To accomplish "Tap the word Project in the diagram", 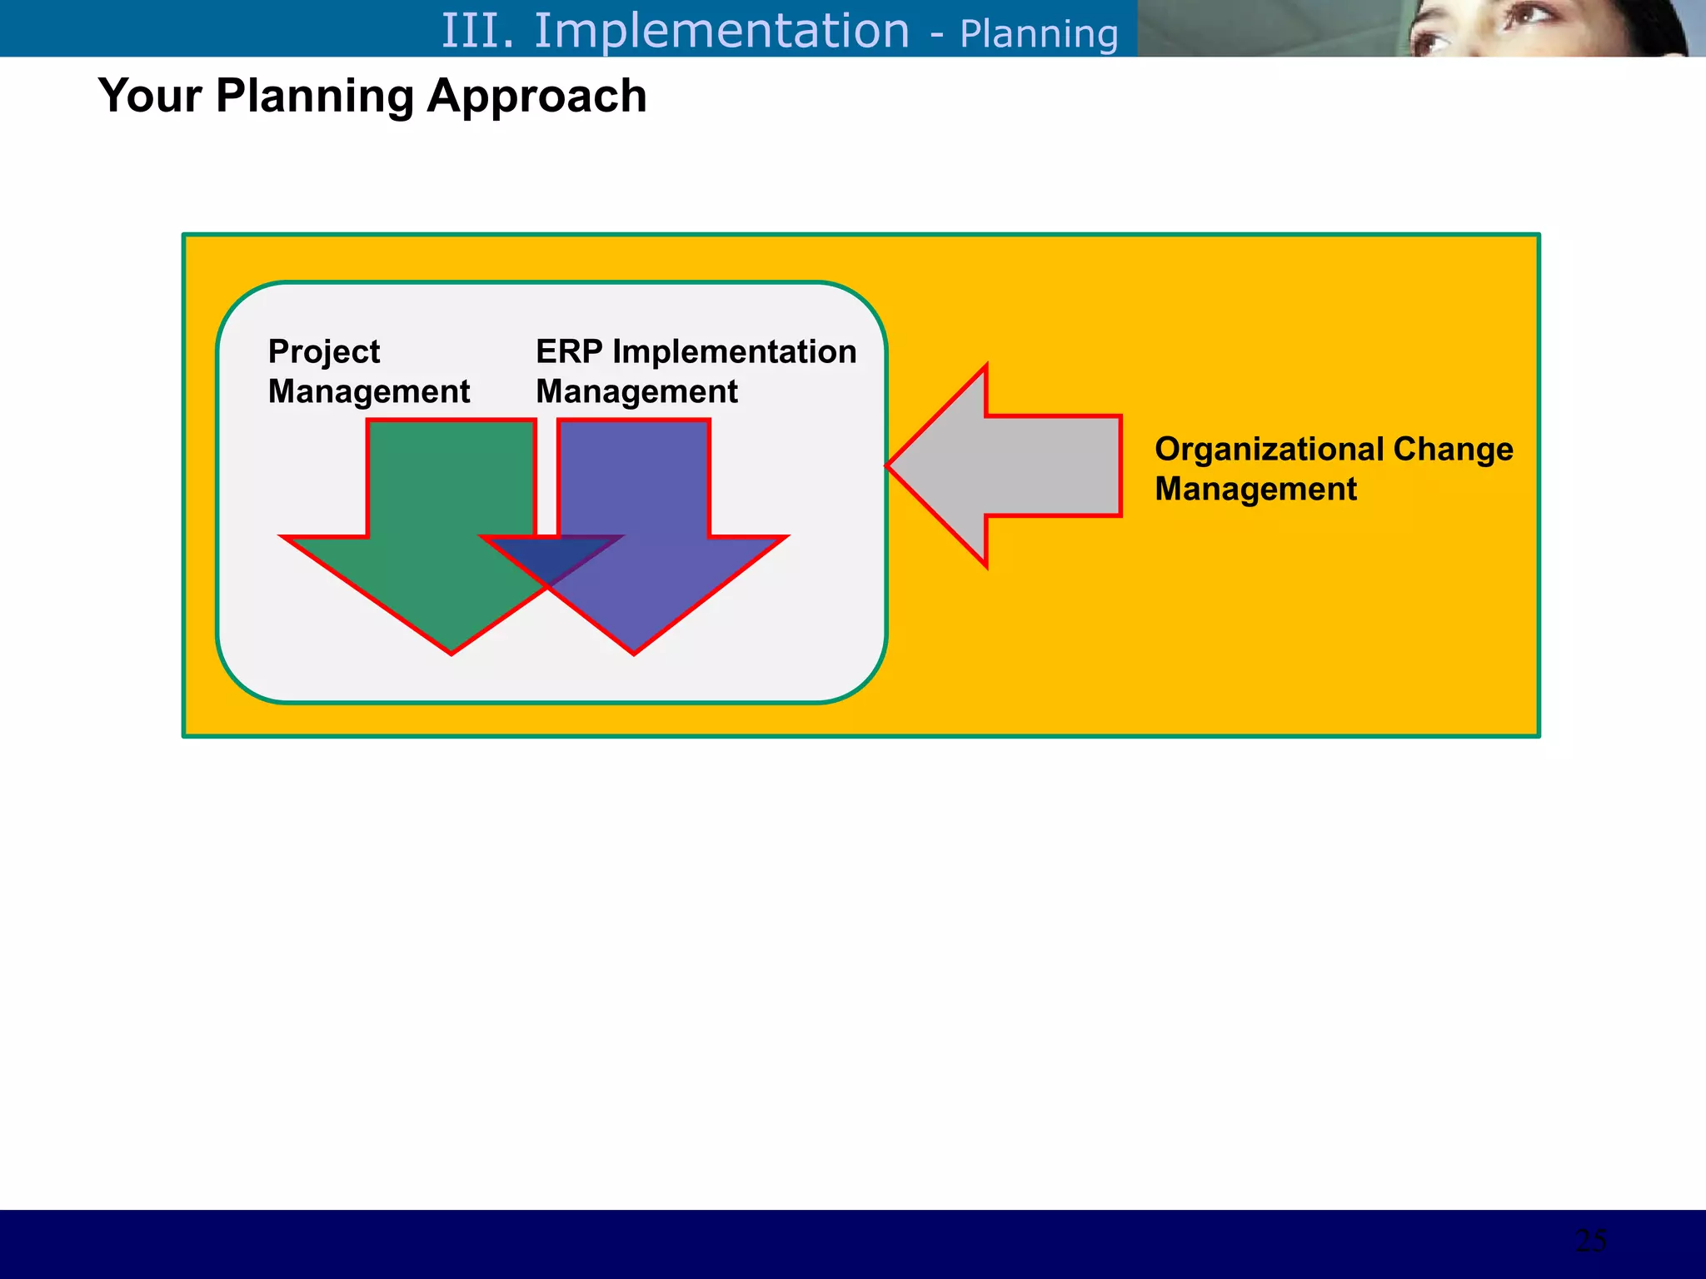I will pos(323,352).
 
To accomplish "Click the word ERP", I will pos(569,351).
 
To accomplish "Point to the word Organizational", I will pos(1269,450).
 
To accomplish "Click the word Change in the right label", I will pos(1453,450).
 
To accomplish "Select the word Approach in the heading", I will pos(536,97).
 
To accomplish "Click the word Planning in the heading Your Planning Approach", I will pos(314,97).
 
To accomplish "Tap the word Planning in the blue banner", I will pos(1038,34).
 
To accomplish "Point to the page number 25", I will pos(1591,1241).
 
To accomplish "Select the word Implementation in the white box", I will pos(734,351).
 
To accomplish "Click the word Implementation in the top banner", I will pos(721,31).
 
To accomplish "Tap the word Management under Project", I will pos(369,391).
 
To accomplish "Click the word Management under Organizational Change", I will pos(1255,489).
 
